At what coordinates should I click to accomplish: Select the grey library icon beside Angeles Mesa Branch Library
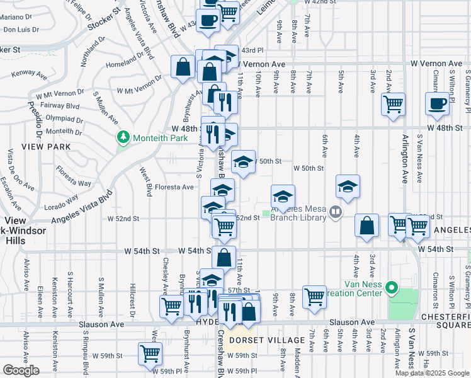(336, 214)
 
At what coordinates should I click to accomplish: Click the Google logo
(21, 370)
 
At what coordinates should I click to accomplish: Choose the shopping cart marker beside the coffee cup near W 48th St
(394, 105)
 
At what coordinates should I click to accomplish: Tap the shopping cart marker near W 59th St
(150, 354)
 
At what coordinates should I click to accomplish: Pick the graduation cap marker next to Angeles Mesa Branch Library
(283, 197)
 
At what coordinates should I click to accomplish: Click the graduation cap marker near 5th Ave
(348, 186)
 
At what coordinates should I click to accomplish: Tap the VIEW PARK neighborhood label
(23, 146)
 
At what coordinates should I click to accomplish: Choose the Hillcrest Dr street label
(133, 307)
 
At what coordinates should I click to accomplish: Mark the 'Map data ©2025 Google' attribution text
(432, 373)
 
